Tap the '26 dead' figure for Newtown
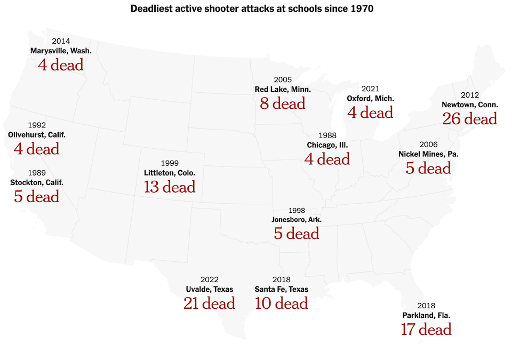(469, 118)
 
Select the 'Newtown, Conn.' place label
(469, 105)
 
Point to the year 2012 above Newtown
(469, 95)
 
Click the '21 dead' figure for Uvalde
(209, 303)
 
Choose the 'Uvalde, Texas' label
(209, 289)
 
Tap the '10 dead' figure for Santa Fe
(281, 303)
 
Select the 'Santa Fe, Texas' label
(281, 289)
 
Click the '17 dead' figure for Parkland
(426, 329)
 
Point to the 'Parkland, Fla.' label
(426, 315)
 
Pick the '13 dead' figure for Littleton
(170, 187)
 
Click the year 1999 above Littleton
(170, 163)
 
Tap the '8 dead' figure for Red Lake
(283, 103)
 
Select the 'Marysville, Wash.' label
(61, 51)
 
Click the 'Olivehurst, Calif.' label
(37, 135)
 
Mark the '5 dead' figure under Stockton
(37, 196)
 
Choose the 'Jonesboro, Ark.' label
(297, 219)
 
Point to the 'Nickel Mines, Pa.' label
(428, 154)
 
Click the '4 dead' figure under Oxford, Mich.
(370, 113)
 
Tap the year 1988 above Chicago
(327, 135)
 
